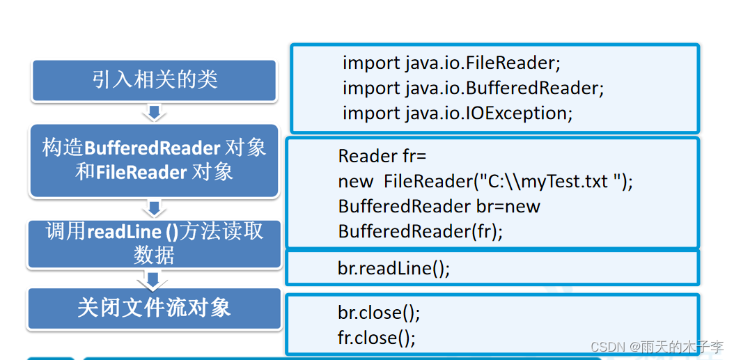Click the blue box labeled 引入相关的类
click(155, 79)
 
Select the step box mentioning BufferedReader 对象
click(154, 159)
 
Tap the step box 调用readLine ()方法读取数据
click(154, 243)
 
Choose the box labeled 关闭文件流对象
click(154, 308)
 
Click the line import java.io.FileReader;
click(451, 63)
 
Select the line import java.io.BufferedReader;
click(473, 88)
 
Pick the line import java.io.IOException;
click(458, 114)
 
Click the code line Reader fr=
click(382, 156)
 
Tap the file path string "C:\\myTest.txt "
click(551, 182)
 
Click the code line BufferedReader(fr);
click(420, 231)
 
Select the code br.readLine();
click(393, 269)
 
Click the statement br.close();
click(379, 313)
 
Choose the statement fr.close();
click(377, 338)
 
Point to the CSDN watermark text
click(657, 347)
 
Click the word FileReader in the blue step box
click(141, 172)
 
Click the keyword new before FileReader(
click(355, 182)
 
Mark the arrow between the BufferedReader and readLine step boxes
click(155, 208)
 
